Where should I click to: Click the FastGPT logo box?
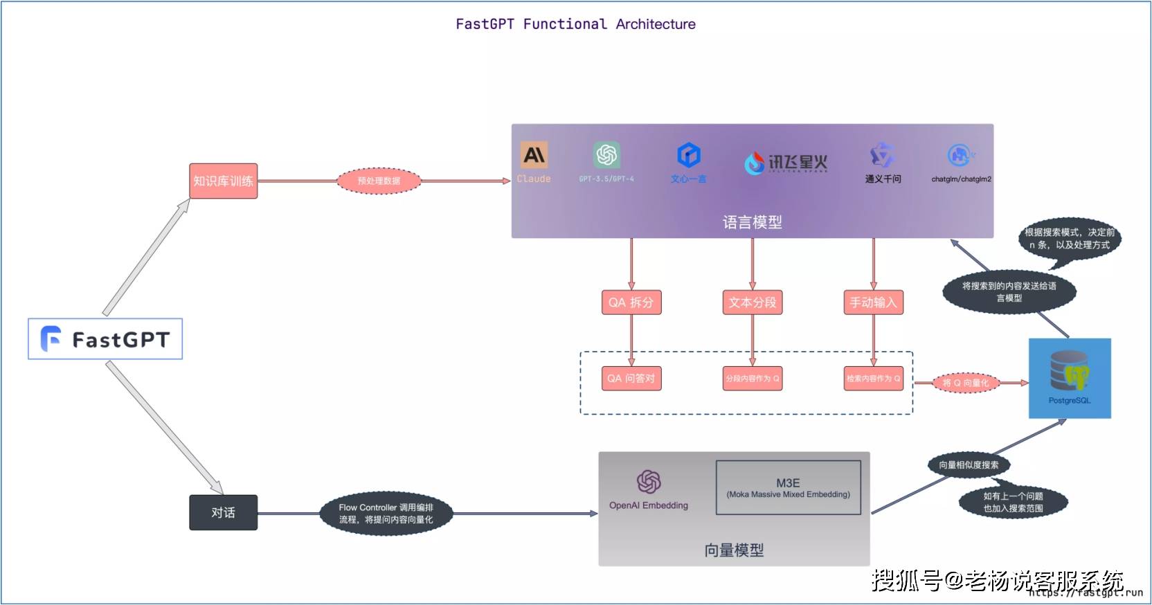click(105, 339)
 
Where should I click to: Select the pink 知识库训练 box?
click(223, 181)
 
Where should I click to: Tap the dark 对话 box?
click(223, 512)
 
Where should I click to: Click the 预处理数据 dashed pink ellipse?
click(379, 181)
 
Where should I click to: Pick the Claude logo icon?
click(534, 155)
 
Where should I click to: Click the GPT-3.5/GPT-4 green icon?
click(606, 154)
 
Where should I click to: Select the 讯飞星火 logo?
click(786, 163)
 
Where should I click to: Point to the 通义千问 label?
click(883, 179)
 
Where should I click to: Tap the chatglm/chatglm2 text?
click(961, 179)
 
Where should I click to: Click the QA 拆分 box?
click(631, 302)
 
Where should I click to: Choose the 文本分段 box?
click(753, 302)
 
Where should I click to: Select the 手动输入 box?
click(873, 302)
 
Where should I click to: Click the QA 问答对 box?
click(631, 379)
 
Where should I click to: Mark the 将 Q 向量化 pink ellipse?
click(965, 383)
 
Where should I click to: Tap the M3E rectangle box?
click(788, 488)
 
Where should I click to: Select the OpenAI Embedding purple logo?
click(649, 482)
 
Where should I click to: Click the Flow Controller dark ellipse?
click(386, 514)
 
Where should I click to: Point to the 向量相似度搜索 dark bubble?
click(969, 465)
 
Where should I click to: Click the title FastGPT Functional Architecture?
click(575, 24)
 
